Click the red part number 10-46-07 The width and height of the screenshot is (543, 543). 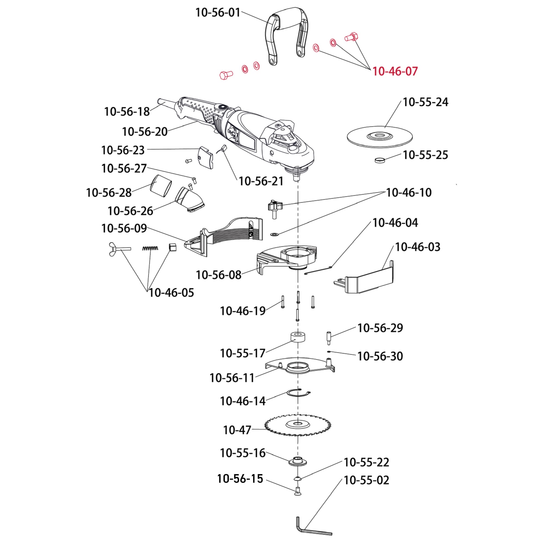395,71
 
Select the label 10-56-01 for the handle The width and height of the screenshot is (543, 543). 218,13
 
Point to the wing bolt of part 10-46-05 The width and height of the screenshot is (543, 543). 118,249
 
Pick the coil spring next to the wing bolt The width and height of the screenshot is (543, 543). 150,248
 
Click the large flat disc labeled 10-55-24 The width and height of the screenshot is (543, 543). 380,137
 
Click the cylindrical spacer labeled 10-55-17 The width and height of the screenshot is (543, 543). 298,337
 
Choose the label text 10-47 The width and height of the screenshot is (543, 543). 237,430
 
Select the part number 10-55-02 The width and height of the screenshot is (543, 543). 366,480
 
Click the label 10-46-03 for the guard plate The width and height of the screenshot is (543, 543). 417,247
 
